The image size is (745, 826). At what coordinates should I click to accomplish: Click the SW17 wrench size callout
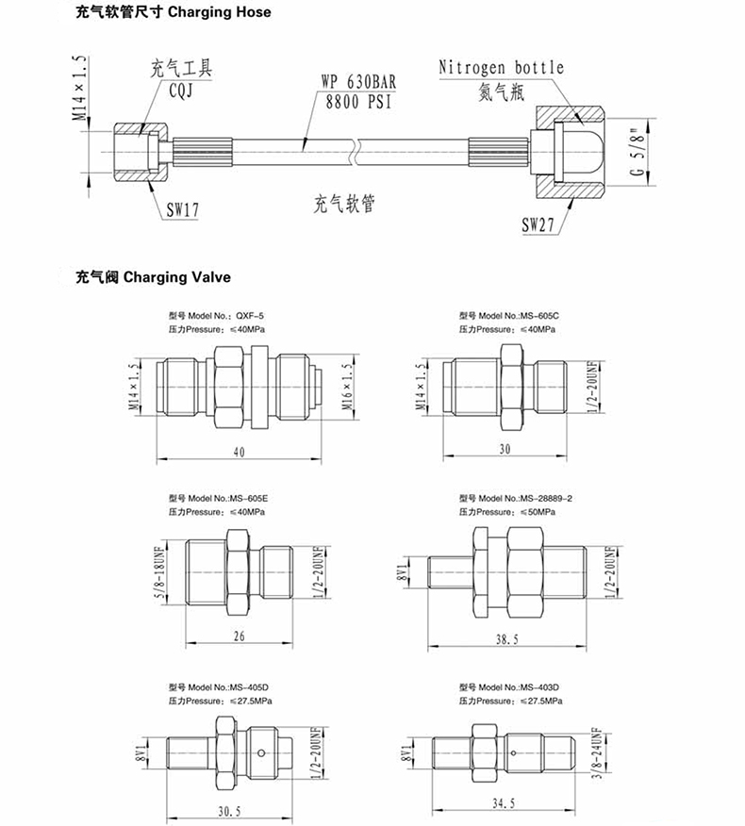(183, 209)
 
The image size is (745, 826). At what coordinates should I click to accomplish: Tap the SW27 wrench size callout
(538, 224)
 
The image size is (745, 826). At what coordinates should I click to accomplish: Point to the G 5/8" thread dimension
(638, 152)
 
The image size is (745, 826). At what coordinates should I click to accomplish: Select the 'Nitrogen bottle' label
(501, 68)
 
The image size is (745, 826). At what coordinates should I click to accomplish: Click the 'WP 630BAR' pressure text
(358, 82)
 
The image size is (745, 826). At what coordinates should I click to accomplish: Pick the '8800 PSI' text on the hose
(358, 101)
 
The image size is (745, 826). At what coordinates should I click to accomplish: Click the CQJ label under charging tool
(181, 91)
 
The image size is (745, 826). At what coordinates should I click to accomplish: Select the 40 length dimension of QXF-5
(239, 452)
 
